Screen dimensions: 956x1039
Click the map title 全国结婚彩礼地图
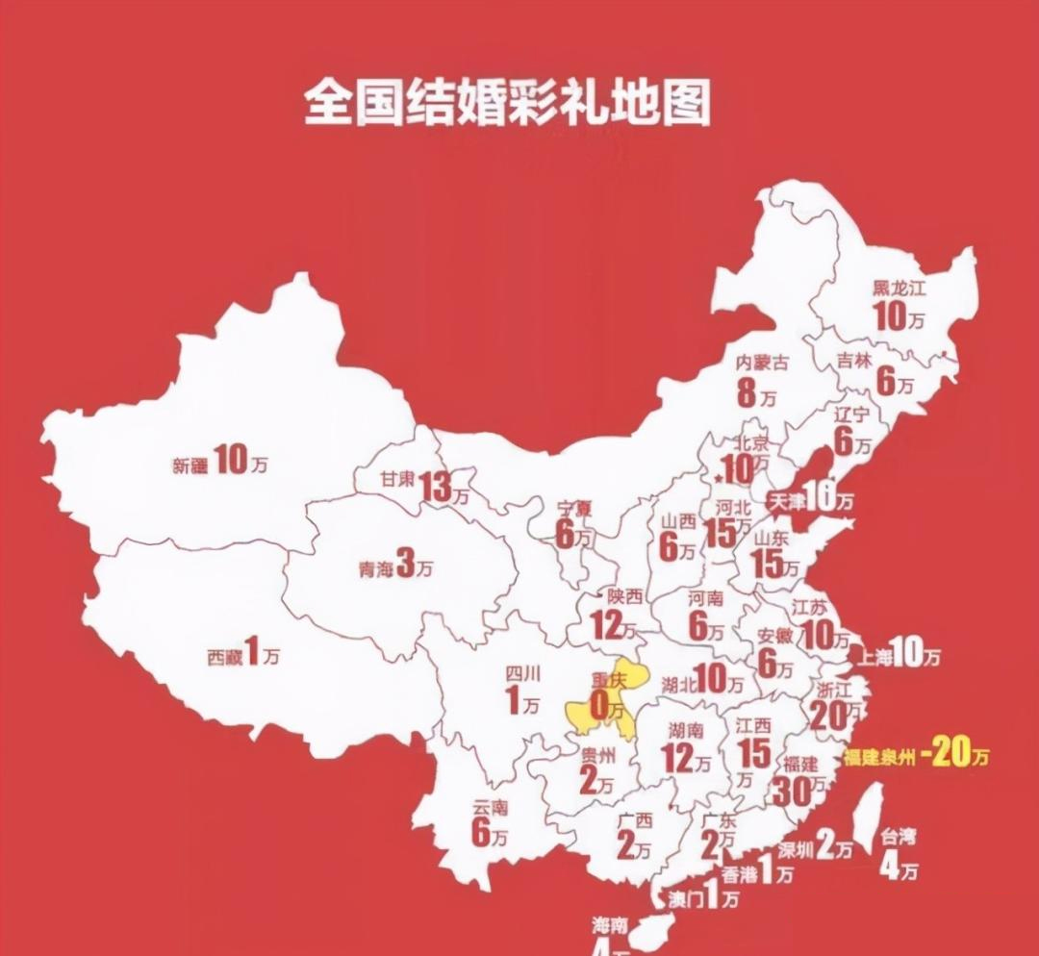point(507,104)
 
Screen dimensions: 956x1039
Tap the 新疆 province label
point(190,465)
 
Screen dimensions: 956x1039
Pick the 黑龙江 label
point(897,288)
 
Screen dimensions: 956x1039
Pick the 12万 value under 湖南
point(686,760)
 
